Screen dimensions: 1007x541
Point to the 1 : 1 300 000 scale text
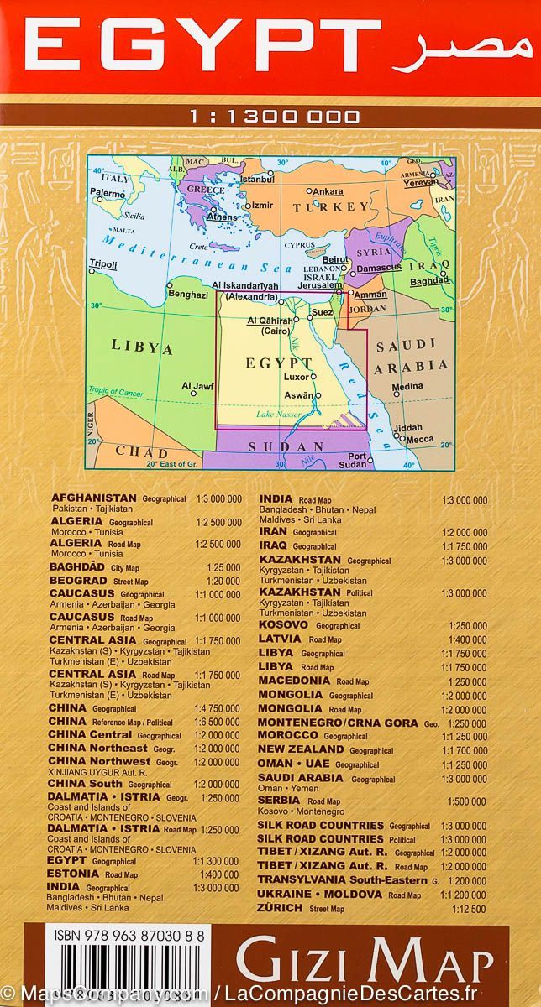270,117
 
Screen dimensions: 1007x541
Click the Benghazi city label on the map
189,295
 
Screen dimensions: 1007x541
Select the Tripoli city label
103,264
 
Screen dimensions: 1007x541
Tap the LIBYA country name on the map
142,347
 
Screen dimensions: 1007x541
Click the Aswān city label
299,395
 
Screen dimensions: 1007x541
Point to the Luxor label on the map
297,378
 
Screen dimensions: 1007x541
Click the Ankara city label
328,191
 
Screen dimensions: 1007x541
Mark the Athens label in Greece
223,217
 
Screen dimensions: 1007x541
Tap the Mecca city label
420,439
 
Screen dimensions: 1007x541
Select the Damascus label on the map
379,268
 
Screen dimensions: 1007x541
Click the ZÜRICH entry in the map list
282,908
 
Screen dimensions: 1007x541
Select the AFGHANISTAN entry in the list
94,498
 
